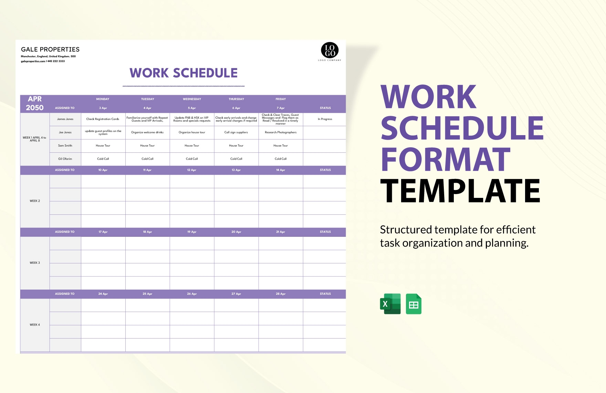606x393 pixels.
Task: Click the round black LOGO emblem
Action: [x=330, y=50]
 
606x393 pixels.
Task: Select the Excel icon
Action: [x=390, y=304]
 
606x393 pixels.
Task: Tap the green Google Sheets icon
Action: [x=414, y=304]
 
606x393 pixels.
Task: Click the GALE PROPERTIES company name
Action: [x=50, y=49]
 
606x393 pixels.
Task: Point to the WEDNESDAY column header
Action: [x=192, y=99]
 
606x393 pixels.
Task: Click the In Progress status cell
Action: [x=325, y=119]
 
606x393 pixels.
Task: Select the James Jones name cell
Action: [x=65, y=119]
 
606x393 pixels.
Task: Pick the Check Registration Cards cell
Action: [x=103, y=119]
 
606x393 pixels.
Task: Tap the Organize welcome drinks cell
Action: [x=147, y=132]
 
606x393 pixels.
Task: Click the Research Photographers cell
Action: [x=281, y=132]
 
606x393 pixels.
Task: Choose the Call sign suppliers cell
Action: [x=236, y=132]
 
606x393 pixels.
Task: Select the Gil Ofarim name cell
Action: [x=65, y=159]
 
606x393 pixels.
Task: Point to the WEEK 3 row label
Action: [x=35, y=263]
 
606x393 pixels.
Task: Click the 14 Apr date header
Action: [x=281, y=170]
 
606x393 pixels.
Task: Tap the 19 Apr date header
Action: [x=192, y=232]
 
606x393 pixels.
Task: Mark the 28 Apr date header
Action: [x=281, y=294]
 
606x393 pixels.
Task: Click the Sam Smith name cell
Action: [x=65, y=145]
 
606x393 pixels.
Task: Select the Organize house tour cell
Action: [x=192, y=132]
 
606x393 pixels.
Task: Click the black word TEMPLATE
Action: [x=460, y=191]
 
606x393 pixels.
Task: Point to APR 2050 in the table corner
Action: [x=35, y=103]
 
